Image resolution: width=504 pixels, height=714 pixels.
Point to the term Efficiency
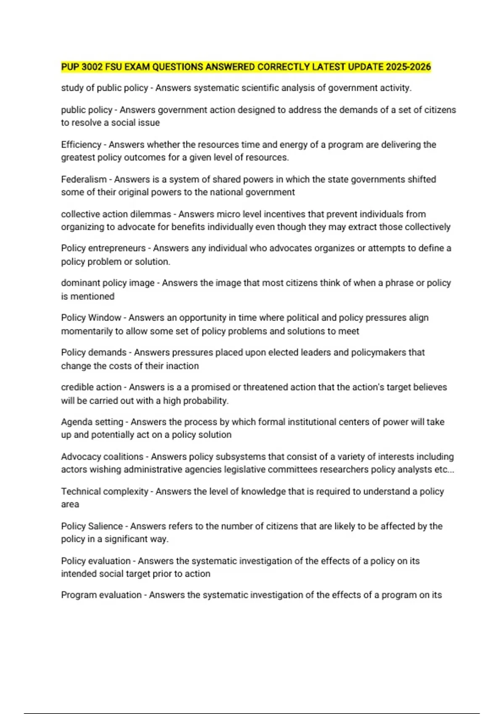(81, 144)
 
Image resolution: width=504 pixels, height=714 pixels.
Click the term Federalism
(84, 179)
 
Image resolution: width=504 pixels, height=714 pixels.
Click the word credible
(78, 387)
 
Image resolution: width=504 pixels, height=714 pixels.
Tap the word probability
(205, 401)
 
